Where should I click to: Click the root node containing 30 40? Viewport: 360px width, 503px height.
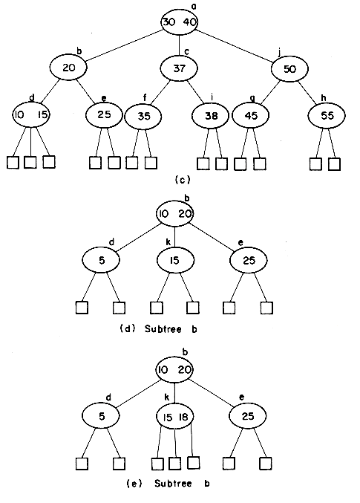[x=179, y=22]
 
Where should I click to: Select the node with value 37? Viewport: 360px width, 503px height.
[x=179, y=68]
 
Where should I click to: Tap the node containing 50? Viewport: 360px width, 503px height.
[x=289, y=69]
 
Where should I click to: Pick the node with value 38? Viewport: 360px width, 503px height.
[x=211, y=115]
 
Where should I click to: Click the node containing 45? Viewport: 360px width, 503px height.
[x=251, y=115]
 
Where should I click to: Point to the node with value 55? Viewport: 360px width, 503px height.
[x=327, y=115]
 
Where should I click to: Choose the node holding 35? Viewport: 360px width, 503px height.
[x=143, y=117]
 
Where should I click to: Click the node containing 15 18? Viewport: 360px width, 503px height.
[x=174, y=416]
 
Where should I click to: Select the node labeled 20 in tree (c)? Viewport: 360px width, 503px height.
[x=68, y=68]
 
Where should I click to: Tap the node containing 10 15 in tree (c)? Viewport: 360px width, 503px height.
[x=30, y=114]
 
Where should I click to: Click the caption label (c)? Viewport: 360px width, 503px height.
[x=183, y=180]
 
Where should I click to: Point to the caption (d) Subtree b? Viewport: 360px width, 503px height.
[x=158, y=329]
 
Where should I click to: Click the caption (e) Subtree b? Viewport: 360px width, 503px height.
[x=168, y=484]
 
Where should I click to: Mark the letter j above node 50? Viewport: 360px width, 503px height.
[x=280, y=52]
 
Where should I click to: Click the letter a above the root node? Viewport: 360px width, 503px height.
[x=194, y=5]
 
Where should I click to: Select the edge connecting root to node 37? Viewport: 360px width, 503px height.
[x=179, y=45]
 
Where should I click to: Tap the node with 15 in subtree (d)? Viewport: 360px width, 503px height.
[x=175, y=260]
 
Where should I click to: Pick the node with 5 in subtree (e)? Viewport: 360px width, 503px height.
[x=101, y=416]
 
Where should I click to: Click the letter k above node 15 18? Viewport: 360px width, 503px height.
[x=167, y=397]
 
